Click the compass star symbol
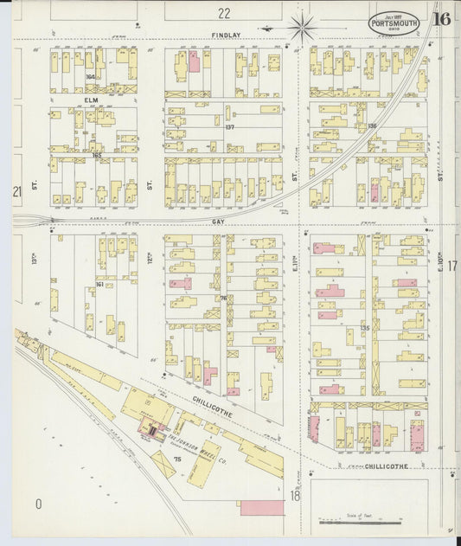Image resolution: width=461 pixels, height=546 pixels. [x=303, y=27]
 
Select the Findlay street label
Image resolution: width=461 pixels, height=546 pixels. [x=225, y=35]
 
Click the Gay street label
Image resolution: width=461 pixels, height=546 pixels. [x=217, y=222]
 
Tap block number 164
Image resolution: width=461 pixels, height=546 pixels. [x=90, y=77]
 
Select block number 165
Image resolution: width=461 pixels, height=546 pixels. [x=97, y=155]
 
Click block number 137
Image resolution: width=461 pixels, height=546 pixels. [x=229, y=127]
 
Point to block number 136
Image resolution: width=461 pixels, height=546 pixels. [x=372, y=126]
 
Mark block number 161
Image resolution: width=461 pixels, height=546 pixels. [x=99, y=284]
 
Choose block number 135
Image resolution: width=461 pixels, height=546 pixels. [x=365, y=328]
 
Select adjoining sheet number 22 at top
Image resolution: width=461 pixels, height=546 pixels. [x=224, y=13]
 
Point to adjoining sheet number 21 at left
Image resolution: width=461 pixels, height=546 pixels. [x=16, y=191]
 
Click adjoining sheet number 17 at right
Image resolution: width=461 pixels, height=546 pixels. [x=451, y=267]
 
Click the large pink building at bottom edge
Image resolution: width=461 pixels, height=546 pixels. [x=261, y=507]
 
